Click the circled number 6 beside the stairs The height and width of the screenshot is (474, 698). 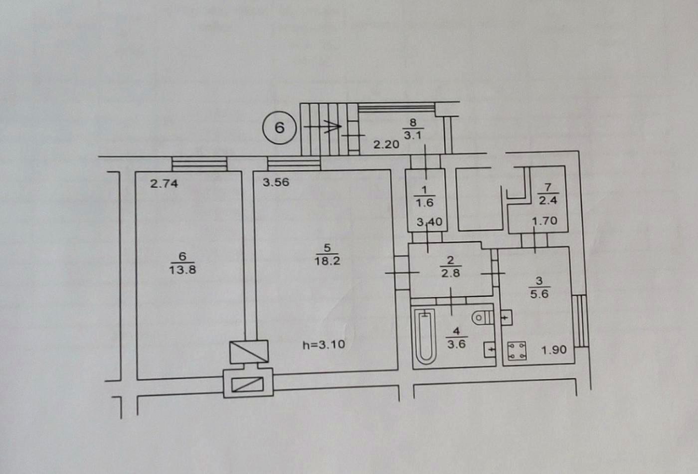(279, 128)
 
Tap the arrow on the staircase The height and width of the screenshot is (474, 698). (323, 127)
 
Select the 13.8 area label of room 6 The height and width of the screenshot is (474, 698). (182, 270)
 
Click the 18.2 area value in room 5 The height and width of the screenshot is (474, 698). (327, 261)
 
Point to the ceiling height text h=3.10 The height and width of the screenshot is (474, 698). (324, 344)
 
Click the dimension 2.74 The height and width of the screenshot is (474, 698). (164, 183)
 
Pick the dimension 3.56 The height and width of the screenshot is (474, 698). (276, 182)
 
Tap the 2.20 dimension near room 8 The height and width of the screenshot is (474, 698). (386, 144)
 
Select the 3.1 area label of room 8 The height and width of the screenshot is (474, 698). (413, 136)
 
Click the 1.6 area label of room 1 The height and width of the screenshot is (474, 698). (425, 203)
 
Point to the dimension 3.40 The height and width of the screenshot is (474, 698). (429, 222)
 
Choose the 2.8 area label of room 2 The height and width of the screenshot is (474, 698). (451, 273)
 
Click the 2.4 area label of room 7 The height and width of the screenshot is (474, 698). (548, 200)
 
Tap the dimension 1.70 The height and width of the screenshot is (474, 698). (544, 221)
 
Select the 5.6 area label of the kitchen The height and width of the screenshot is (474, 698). (539, 294)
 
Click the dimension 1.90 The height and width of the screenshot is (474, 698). (554, 350)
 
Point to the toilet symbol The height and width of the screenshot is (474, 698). (483, 318)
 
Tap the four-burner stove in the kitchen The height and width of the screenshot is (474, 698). (517, 351)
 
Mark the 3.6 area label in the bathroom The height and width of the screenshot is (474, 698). (457, 344)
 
